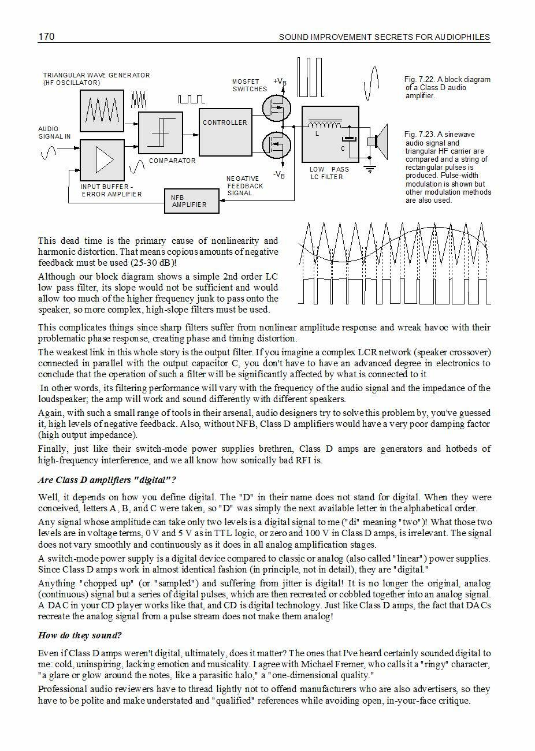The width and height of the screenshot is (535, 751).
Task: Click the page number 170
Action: point(46,37)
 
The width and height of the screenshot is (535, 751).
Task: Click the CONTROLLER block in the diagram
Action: point(225,132)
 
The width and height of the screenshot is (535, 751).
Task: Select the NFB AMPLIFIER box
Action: point(192,201)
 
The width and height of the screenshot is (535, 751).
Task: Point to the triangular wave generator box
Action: point(102,111)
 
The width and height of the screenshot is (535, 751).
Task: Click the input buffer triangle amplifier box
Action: point(102,160)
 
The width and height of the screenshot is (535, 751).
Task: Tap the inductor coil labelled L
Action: point(324,125)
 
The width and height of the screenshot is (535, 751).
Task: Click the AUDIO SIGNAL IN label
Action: point(54,133)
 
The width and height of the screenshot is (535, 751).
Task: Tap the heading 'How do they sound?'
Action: point(80,635)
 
